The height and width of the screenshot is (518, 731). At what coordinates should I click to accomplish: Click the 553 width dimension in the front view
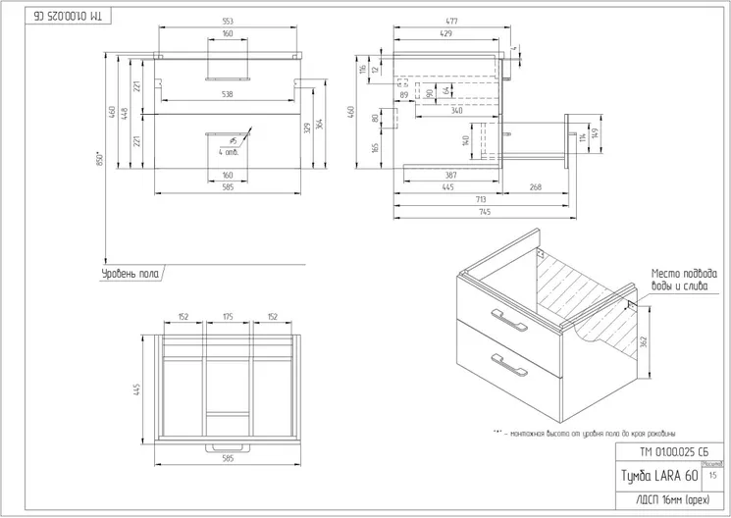pos(228,21)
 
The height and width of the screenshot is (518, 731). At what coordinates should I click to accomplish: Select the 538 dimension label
pos(228,95)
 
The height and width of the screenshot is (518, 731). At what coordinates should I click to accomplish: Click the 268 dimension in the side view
pos(536,186)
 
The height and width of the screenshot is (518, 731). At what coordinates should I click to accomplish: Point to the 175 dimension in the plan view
pos(228,317)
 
